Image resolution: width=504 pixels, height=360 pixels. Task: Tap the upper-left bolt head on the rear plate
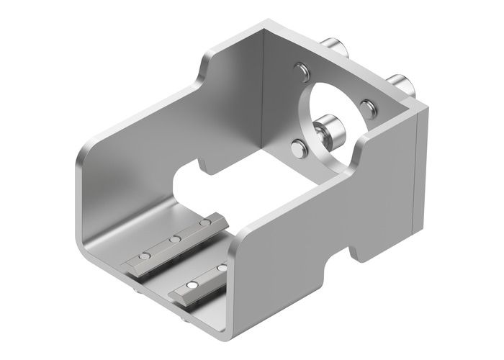point(301,71)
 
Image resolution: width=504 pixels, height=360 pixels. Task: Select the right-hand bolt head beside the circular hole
point(367,107)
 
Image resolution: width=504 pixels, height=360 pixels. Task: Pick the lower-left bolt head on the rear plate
point(297,150)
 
